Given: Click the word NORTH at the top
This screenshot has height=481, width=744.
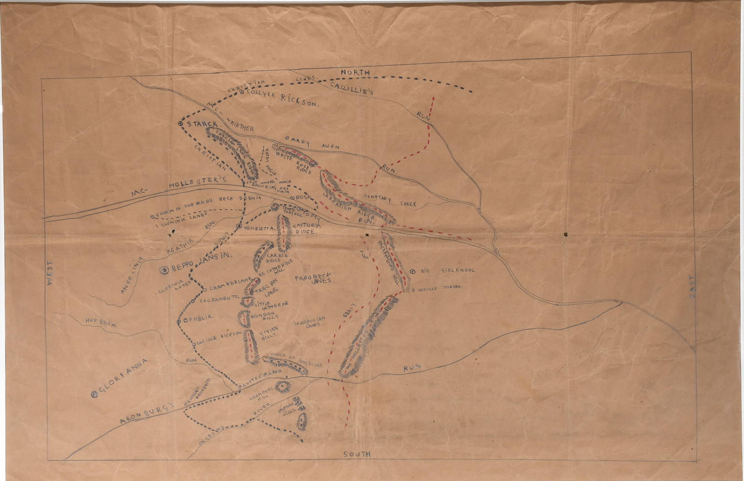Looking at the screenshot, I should click(355, 72).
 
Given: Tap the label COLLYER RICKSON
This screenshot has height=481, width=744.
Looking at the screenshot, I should click(283, 97).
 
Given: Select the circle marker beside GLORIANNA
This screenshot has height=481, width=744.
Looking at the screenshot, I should click(94, 395).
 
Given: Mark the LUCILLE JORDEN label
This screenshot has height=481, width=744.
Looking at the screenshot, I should click(437, 288).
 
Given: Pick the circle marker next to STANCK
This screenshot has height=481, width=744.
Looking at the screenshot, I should click(180, 123).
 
